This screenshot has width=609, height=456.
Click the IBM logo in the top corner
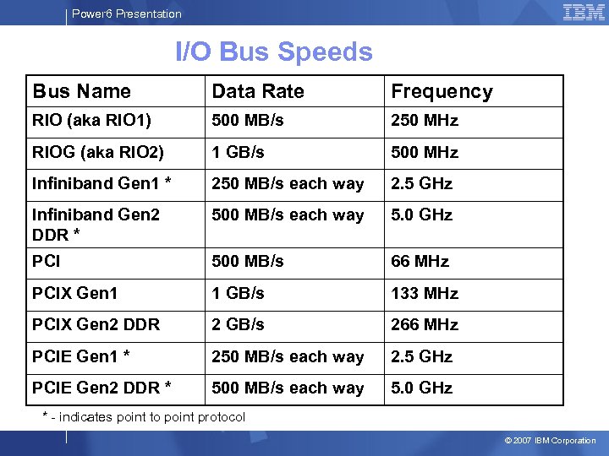pyautogui.click(x=583, y=12)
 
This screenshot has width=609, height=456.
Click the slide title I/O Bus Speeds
pyautogui.click(x=273, y=52)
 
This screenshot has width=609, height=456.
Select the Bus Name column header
pyautogui.click(x=81, y=91)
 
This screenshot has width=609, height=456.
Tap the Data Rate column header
pyautogui.click(x=257, y=91)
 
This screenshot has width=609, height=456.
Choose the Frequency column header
pyautogui.click(x=441, y=91)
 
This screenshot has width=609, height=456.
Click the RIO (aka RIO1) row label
pyautogui.click(x=91, y=121)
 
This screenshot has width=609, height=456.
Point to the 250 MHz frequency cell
pyautogui.click(x=424, y=121)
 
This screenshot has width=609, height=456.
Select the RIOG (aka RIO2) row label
pyautogui.click(x=98, y=153)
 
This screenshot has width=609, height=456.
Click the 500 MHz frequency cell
pyautogui.click(x=424, y=153)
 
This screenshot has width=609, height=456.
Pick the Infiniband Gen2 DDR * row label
pyautogui.click(x=96, y=224)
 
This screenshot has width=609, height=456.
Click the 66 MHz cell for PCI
pyautogui.click(x=420, y=262)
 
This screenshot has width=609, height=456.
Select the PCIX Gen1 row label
pyautogui.click(x=74, y=294)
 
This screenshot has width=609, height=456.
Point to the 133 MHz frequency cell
pyautogui.click(x=424, y=294)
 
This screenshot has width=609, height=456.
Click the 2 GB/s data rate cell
pyautogui.click(x=238, y=325)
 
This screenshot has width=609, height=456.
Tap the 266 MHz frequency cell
pyautogui.click(x=424, y=325)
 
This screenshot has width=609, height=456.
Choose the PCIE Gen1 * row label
pyautogui.click(x=81, y=357)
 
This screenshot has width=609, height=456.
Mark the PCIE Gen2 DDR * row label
pyautogui.click(x=101, y=388)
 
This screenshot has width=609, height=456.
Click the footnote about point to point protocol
pyautogui.click(x=144, y=417)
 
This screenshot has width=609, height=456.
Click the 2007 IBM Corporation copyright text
pyautogui.click(x=550, y=441)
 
